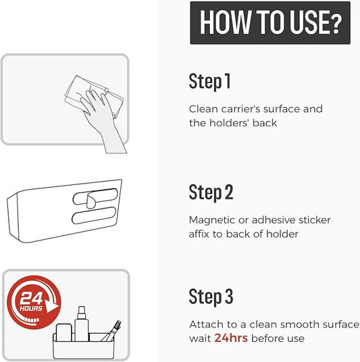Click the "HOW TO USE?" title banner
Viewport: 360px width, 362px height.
270,23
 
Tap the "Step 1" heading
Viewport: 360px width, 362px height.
209,81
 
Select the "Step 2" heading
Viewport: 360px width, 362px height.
211,192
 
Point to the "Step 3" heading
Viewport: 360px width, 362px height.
211,296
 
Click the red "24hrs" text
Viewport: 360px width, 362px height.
231,338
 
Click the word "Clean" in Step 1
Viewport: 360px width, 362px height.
203,109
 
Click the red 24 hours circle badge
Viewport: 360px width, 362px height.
34,302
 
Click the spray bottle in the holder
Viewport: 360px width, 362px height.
82,324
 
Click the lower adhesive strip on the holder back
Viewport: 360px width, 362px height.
94,215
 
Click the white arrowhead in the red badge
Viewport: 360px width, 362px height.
51,306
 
